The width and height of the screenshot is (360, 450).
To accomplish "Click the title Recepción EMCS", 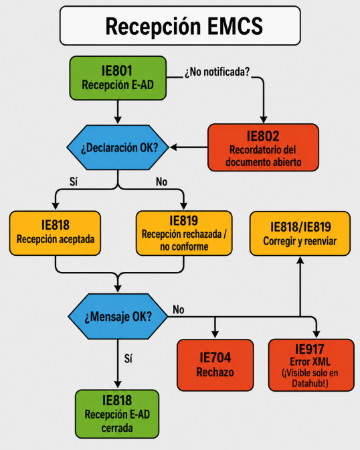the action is coord(184,26).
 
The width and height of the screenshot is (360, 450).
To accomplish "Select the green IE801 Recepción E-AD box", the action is coord(118,78).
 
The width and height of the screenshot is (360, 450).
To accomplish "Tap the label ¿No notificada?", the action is coord(217,72).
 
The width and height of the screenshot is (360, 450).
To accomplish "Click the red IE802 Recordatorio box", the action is coord(263,148).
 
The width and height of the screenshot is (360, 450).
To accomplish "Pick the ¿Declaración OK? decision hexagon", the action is coord(118,147).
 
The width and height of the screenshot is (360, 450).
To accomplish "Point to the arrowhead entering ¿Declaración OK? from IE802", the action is coord(173,147).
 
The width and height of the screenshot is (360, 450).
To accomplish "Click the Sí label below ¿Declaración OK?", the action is coord(74,181).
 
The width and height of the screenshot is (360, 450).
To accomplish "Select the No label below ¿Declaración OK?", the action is coord(161,181).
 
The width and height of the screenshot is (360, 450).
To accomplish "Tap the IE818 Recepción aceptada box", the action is coord(55,233).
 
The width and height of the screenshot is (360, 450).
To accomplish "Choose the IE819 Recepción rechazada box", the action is coord(184,233).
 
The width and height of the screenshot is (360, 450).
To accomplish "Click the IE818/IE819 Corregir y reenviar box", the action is coord(300,234).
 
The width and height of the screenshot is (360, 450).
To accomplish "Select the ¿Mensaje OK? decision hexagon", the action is coord(118,317).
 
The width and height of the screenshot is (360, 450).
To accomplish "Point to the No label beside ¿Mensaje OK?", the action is coord(179,309).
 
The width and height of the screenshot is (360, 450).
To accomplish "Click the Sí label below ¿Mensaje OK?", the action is coord(128,358).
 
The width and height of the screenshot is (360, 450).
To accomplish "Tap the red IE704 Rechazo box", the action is coord(215,365).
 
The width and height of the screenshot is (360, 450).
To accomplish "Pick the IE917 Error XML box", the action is coord(311,365).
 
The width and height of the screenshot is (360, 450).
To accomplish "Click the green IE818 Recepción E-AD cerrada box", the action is coord(117,414).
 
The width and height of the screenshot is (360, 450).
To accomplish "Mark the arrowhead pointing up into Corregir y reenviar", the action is coord(300,260).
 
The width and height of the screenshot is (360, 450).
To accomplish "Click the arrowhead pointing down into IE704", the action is coord(215,334).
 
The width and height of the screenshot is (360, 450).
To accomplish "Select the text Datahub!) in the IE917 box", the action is coord(310,384).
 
